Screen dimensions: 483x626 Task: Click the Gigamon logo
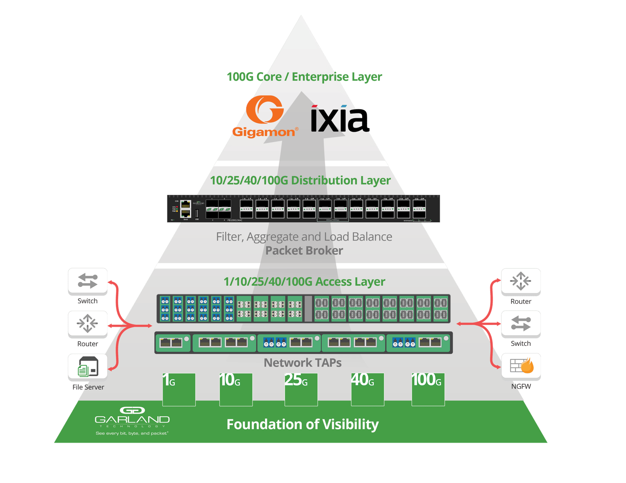click(265, 116)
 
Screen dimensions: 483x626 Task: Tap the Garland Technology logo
click(132, 420)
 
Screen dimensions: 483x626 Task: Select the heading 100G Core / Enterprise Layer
click(304, 77)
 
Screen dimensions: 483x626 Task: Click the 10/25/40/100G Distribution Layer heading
click(300, 180)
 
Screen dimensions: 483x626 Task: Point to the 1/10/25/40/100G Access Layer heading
click(304, 281)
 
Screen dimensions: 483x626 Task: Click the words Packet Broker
click(304, 250)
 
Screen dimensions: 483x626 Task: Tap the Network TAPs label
click(303, 362)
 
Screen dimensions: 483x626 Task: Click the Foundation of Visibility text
click(303, 424)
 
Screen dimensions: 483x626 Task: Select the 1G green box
click(179, 389)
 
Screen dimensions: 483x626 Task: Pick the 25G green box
click(301, 389)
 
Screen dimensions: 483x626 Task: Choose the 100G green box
click(428, 389)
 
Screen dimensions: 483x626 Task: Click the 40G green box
click(367, 389)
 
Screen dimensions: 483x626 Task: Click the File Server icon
click(88, 366)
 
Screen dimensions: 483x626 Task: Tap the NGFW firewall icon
click(521, 366)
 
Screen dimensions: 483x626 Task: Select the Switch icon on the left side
click(88, 281)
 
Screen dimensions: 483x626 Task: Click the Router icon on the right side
click(521, 281)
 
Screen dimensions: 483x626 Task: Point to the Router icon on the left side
click(88, 323)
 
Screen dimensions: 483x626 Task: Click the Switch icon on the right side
click(521, 323)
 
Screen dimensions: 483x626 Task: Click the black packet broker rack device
click(304, 209)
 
